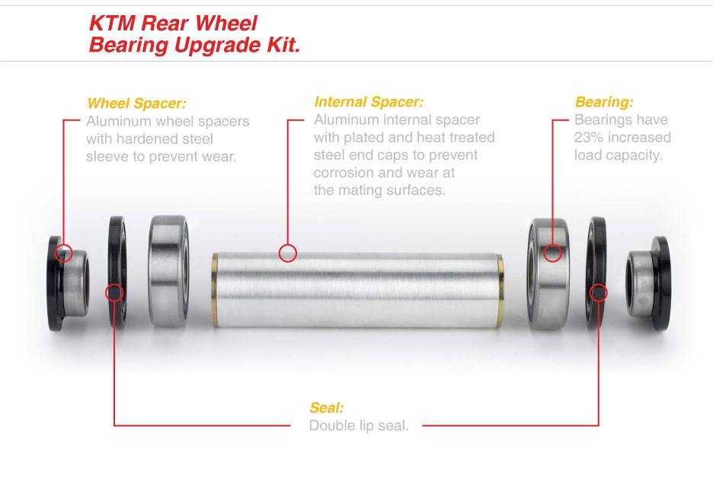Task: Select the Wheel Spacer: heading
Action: coord(137,104)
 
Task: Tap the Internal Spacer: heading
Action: coord(369,102)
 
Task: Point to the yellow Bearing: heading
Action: coord(604,102)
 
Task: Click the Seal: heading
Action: coord(327,407)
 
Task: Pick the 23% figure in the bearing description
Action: coord(590,137)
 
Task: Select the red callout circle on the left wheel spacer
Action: coord(63,253)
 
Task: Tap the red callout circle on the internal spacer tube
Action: coord(287,253)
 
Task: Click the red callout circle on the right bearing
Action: coord(552,253)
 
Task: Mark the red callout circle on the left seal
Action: coord(114,293)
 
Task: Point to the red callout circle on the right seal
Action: coord(599,293)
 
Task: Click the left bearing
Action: coord(168,271)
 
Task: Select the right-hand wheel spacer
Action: coord(648,283)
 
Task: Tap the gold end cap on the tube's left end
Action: coord(215,290)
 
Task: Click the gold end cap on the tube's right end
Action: coord(500,291)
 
